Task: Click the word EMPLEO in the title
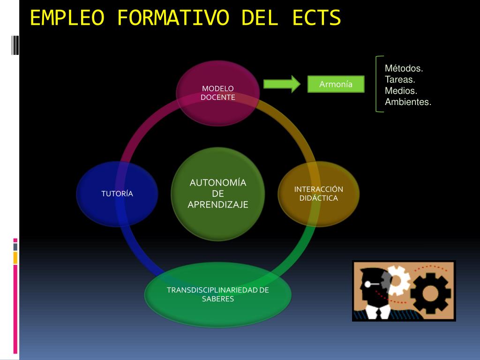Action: pos(67,18)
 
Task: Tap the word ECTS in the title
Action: pos(316,18)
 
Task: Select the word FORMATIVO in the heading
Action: pos(173,18)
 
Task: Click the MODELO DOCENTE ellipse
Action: pos(217,93)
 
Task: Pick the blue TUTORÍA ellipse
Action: pos(117,194)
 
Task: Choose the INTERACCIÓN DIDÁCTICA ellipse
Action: pos(318,194)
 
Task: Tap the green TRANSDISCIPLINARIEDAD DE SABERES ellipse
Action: pos(217,294)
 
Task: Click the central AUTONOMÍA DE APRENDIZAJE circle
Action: pos(217,194)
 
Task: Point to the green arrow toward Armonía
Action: pos(282,84)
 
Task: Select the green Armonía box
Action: pos(336,84)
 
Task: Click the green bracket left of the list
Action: pos(376,84)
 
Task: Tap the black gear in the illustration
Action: pos(430,293)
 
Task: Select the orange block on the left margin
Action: pos(15,258)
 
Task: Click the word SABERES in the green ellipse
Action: pos(217,299)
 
